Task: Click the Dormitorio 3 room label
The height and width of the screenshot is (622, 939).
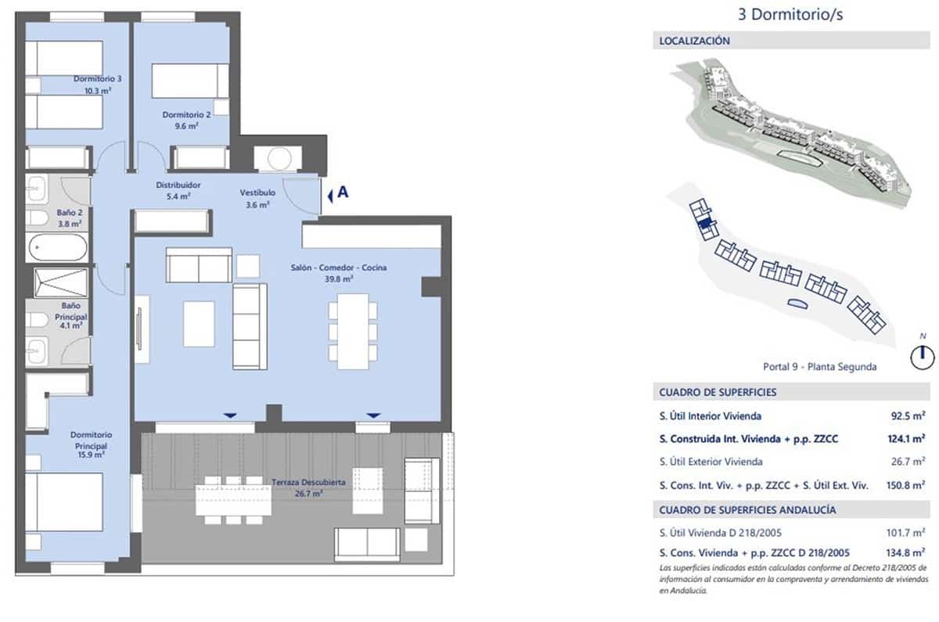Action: click(x=97, y=84)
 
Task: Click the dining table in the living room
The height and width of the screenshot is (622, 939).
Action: click(x=352, y=330)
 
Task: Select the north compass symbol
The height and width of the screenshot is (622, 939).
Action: click(x=923, y=356)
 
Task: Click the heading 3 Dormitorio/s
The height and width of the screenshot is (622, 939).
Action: click(x=791, y=14)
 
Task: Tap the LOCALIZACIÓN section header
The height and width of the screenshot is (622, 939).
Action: click(x=695, y=41)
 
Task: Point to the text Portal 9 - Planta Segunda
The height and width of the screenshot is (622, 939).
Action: click(x=819, y=366)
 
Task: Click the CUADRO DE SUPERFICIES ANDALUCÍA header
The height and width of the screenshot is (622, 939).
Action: click(x=747, y=509)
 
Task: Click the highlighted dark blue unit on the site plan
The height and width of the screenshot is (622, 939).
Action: click(x=705, y=223)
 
